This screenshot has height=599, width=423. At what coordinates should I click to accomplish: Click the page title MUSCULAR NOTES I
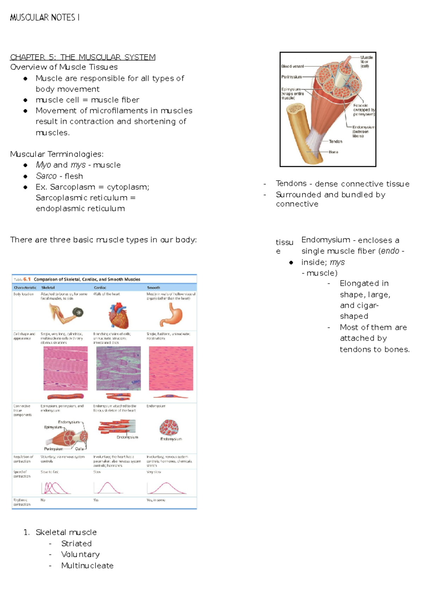click(x=45, y=17)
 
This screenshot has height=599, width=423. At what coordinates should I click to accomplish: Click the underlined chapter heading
click(x=82, y=57)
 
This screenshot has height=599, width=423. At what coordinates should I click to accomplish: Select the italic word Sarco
click(x=46, y=176)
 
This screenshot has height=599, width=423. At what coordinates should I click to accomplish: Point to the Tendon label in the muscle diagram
click(x=335, y=141)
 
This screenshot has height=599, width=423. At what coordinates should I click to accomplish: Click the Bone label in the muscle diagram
click(x=333, y=152)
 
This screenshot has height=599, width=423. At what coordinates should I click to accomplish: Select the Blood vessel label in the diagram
click(x=292, y=66)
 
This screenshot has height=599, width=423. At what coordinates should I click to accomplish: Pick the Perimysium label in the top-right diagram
click(x=291, y=77)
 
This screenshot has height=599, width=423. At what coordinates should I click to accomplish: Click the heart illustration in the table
click(x=118, y=315)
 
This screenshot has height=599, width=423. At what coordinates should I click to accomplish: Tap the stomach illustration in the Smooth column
click(x=171, y=315)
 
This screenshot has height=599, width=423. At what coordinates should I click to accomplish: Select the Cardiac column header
click(x=100, y=288)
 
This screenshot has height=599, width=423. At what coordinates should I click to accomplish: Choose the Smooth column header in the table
click(x=153, y=288)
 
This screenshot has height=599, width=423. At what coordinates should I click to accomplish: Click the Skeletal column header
click(x=48, y=288)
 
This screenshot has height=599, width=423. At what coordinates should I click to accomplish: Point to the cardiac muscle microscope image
click(x=118, y=368)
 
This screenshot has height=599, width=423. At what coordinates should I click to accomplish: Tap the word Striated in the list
click(x=76, y=544)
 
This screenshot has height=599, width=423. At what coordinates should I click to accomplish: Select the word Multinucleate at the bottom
click(x=87, y=565)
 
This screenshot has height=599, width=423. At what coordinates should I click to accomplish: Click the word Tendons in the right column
click(x=291, y=183)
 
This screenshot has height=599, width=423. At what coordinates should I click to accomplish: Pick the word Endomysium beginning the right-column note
click(x=325, y=240)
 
